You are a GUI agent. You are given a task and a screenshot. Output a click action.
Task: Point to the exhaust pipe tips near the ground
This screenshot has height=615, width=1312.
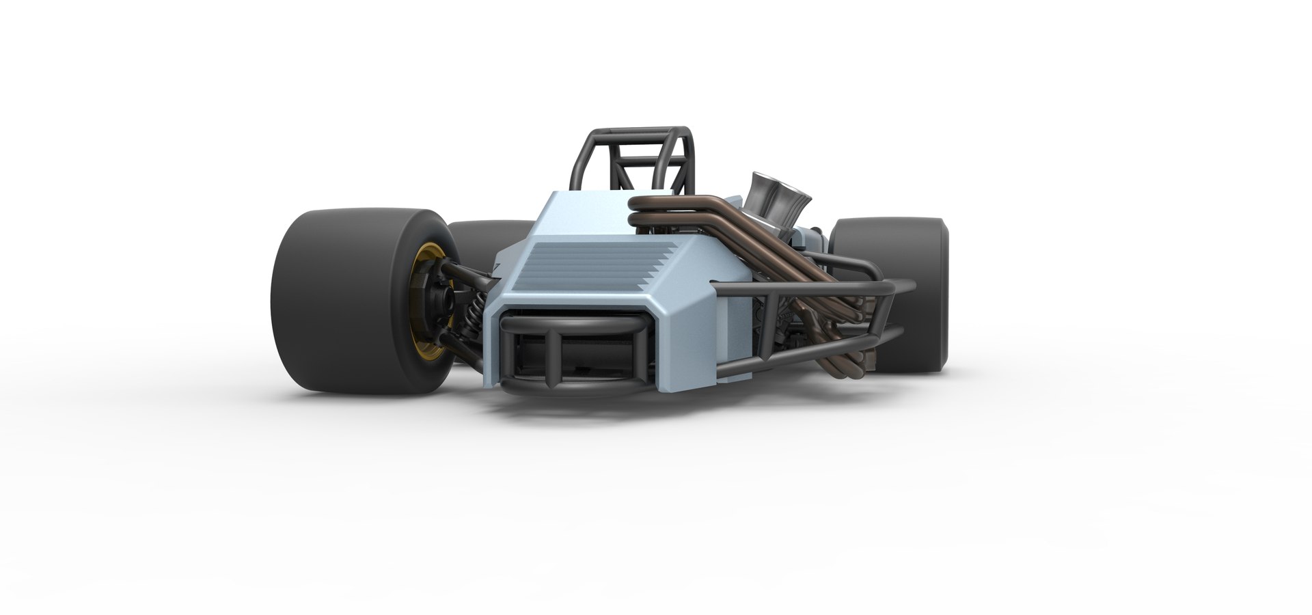[854, 362]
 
